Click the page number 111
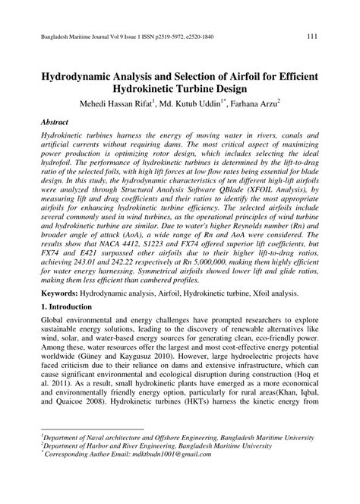(x=311, y=36)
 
